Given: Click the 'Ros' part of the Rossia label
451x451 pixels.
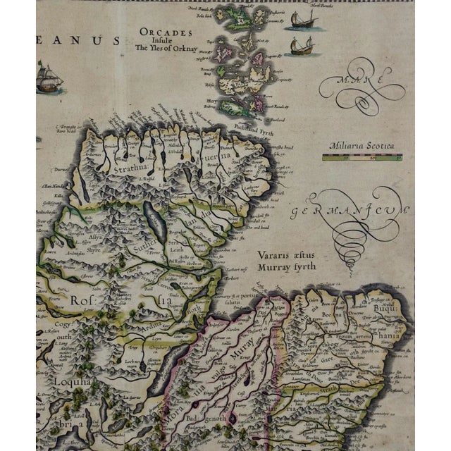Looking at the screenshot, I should coord(80,299).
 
